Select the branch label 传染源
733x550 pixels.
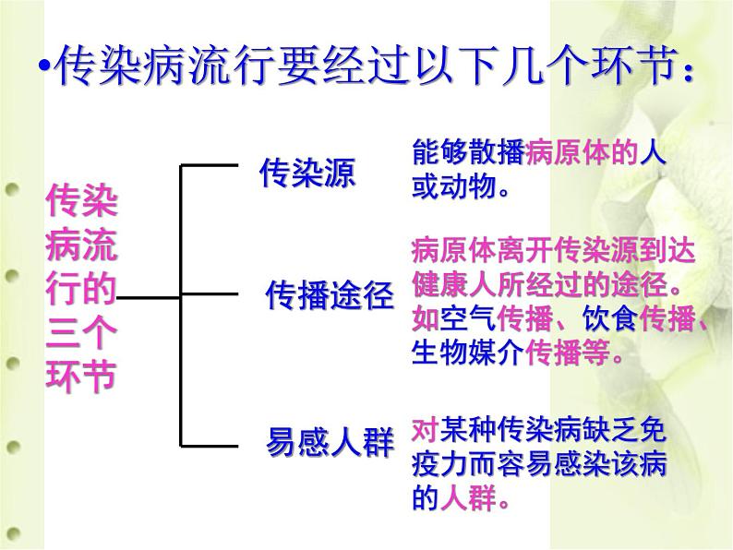point(306,173)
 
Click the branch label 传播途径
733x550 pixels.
point(330,295)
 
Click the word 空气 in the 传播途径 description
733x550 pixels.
point(465,318)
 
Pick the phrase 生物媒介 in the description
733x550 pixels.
point(466,352)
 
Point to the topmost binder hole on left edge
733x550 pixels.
point(12,191)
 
